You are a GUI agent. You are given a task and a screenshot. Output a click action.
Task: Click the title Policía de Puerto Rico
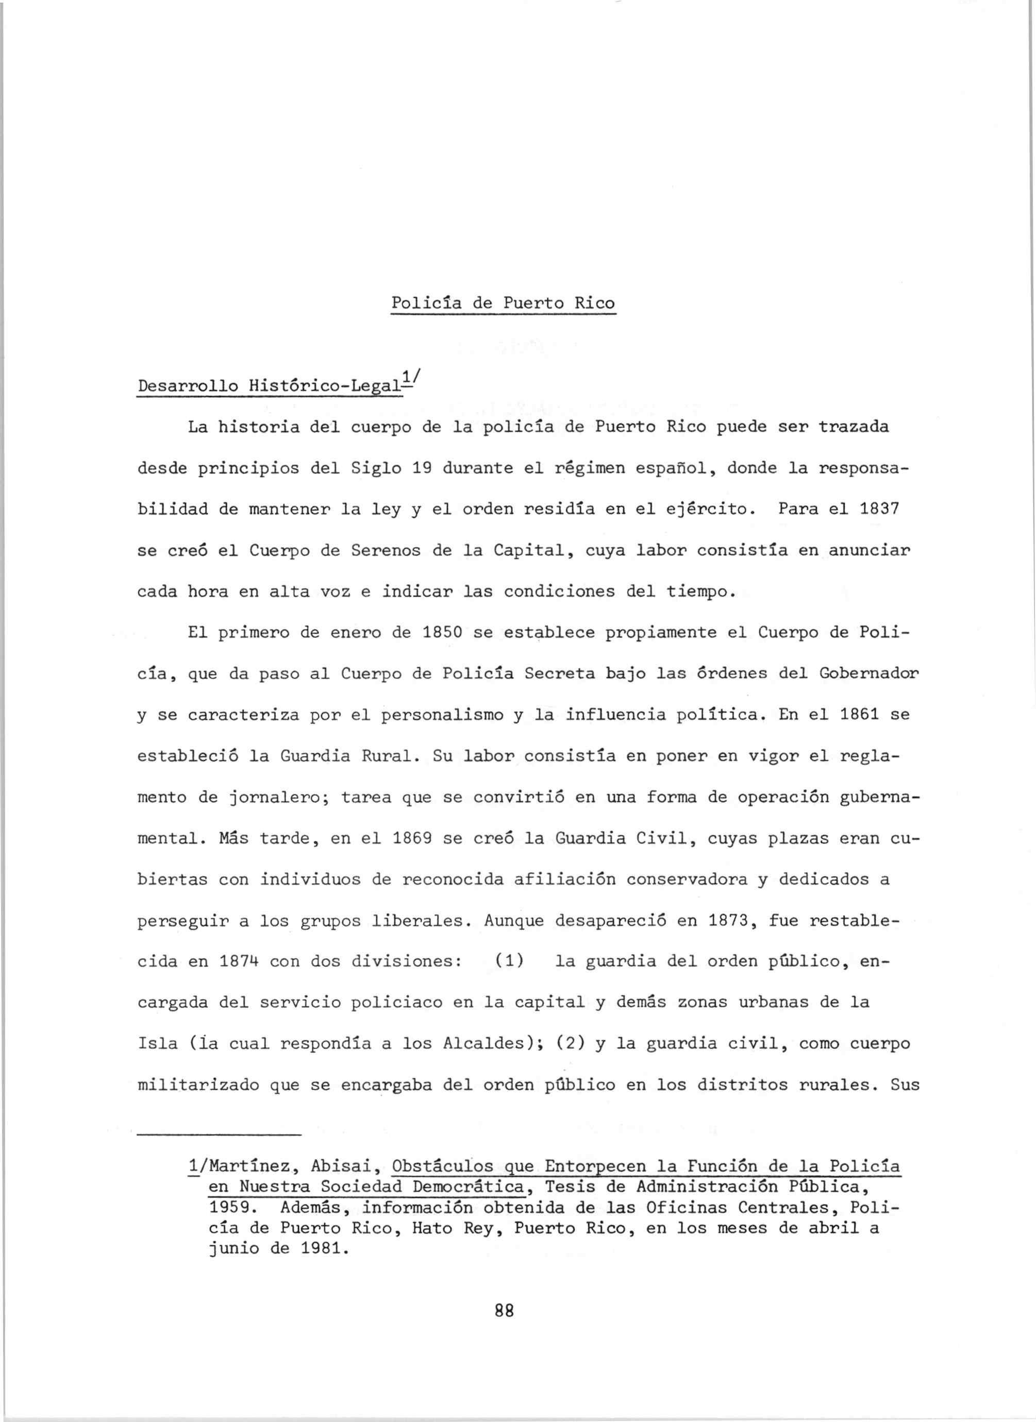tap(504, 303)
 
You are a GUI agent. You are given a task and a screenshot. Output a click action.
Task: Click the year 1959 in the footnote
tap(228, 1208)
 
